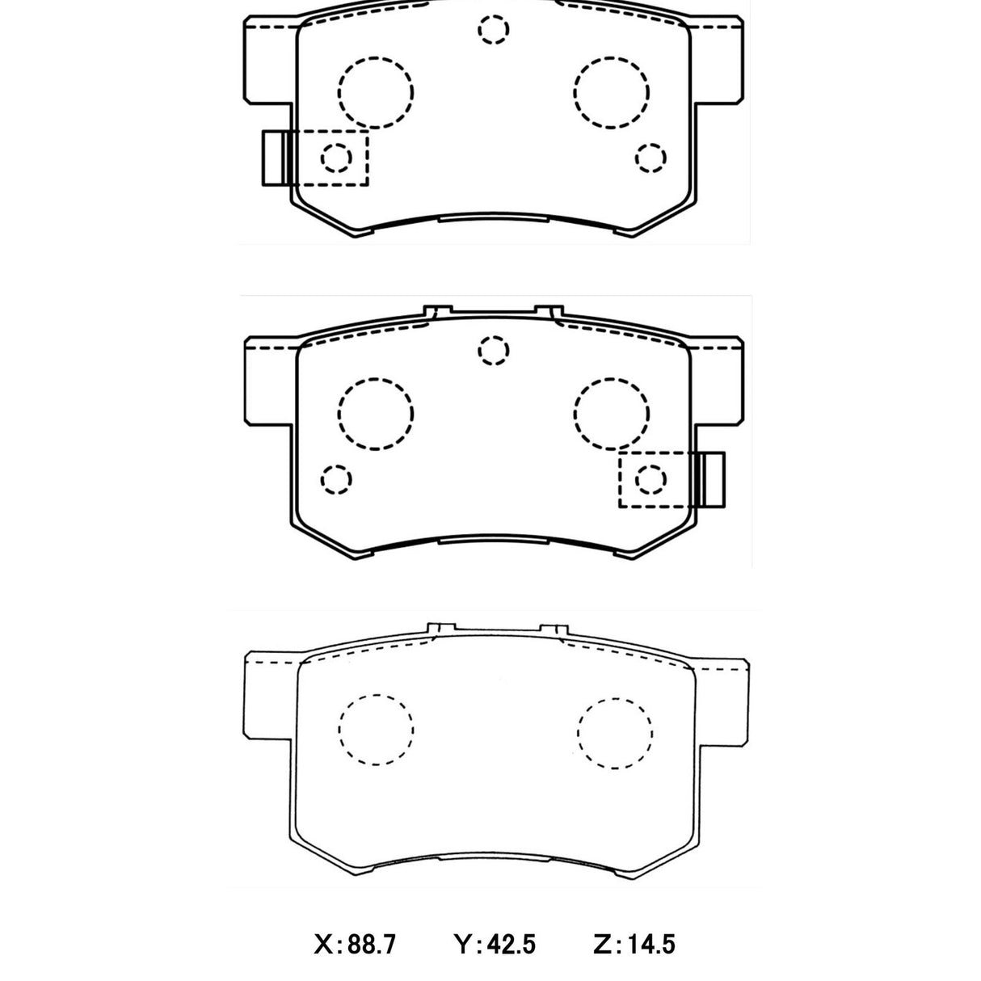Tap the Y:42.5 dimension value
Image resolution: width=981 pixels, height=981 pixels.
[x=495, y=943]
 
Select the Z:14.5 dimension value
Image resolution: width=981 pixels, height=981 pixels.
[x=633, y=943]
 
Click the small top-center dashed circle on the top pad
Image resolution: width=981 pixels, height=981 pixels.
[x=494, y=30]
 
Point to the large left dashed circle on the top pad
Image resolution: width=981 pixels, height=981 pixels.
[x=375, y=91]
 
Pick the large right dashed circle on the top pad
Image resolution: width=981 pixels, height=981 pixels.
[x=612, y=91]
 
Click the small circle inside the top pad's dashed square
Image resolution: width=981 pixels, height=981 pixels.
[x=336, y=157]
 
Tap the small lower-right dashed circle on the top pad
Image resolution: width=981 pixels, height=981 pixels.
[x=650, y=158]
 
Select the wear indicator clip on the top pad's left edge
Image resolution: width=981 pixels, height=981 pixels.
[x=275, y=157]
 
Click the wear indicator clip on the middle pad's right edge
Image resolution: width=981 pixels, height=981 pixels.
[x=712, y=479]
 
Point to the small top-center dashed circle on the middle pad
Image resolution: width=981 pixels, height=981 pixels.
[x=494, y=352]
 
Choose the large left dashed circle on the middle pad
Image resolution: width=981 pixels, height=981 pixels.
[x=375, y=414]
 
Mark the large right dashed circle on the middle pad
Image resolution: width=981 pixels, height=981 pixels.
[x=612, y=414]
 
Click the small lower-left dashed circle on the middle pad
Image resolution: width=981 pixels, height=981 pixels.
[x=336, y=479]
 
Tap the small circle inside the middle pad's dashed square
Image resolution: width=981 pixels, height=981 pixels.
[x=650, y=479]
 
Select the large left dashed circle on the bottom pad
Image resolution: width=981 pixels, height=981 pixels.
[x=376, y=730]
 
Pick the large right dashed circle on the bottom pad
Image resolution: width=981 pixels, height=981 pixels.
[x=614, y=731]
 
